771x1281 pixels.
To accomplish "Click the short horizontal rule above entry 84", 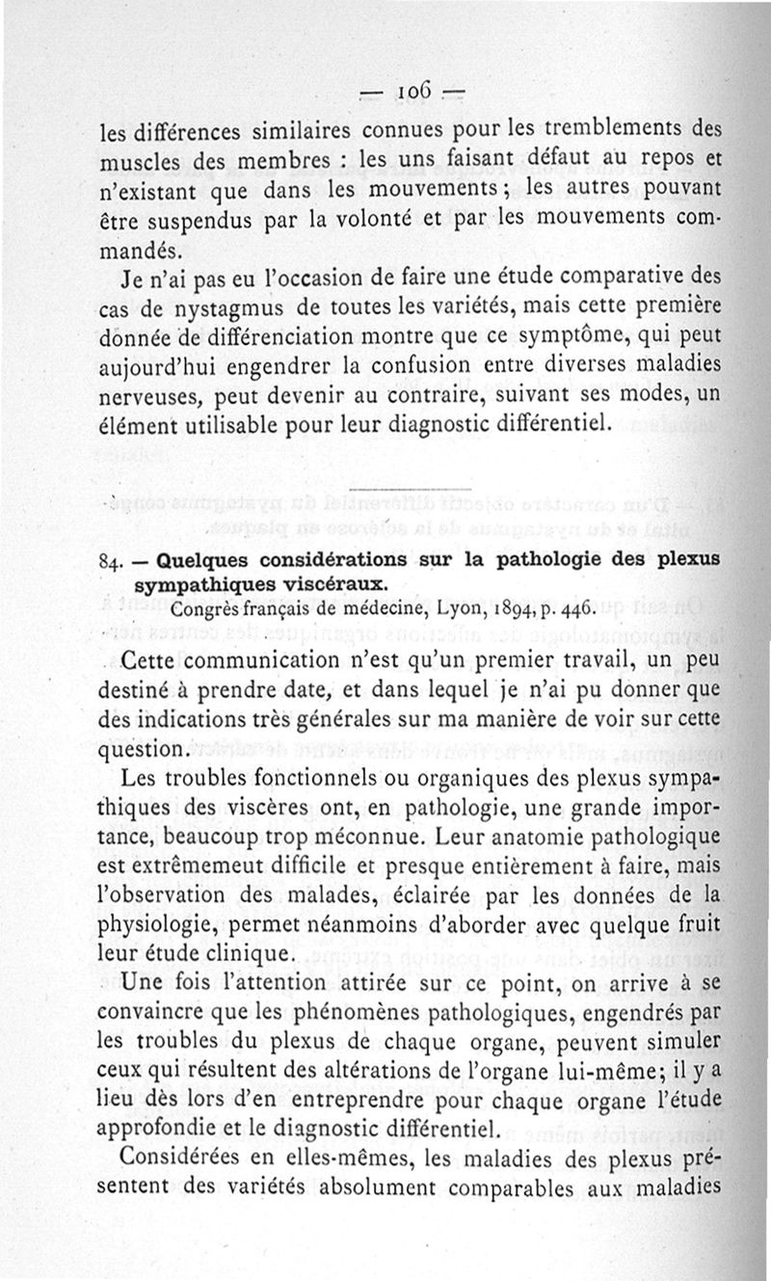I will tap(412, 489).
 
